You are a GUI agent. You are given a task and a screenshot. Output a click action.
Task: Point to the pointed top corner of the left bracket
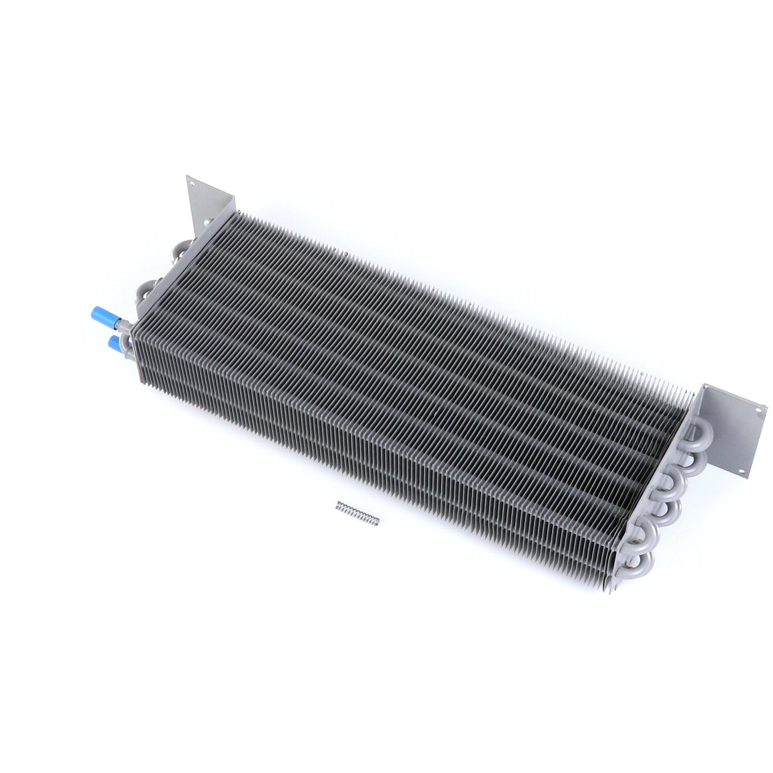188,177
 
